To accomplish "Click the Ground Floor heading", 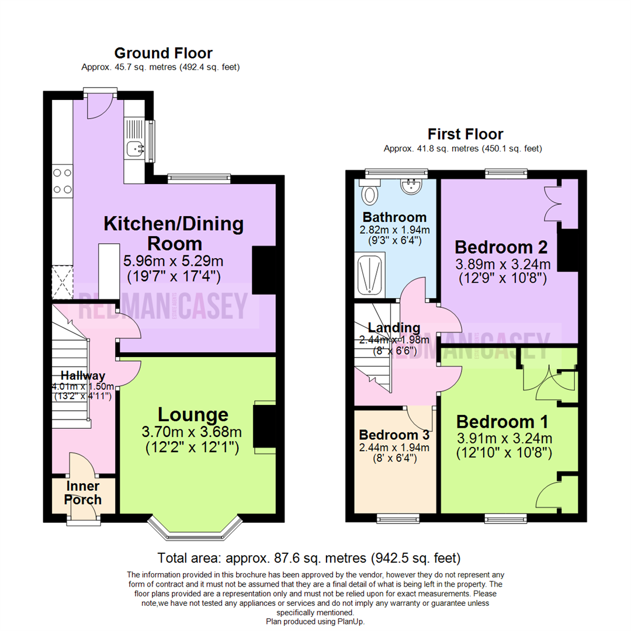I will tap(163, 53).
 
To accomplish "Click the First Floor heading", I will tap(465, 134).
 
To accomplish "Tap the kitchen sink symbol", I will tap(133, 149).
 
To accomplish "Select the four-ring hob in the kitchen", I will tap(63, 181).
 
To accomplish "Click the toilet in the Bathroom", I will tap(370, 193).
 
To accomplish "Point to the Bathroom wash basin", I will tap(412, 186).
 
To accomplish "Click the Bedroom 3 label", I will tap(394, 435).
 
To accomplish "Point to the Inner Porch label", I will tap(82, 493).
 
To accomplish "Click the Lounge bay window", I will tap(195, 527).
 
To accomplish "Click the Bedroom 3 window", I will tap(397, 518).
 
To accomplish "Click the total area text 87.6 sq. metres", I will tap(309, 557).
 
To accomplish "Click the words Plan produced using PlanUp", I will tap(315, 622).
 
